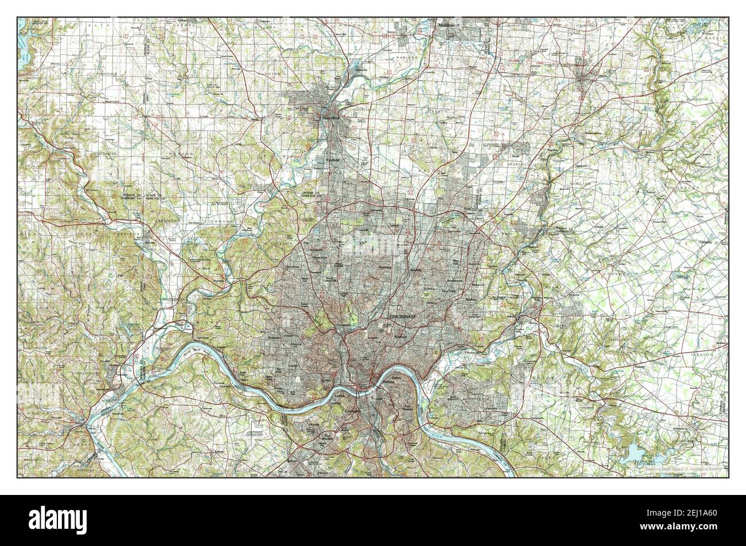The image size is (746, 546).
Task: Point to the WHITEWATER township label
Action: [x=103, y=154]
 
